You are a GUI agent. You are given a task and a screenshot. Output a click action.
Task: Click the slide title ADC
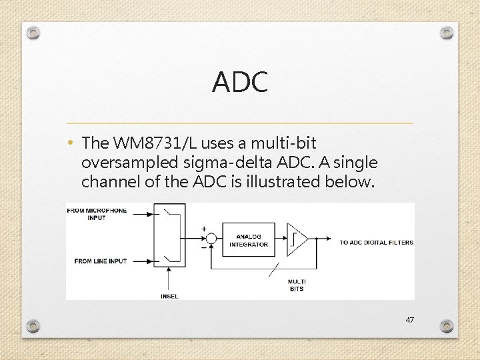point(240,83)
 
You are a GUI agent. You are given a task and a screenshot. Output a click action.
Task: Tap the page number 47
point(409,320)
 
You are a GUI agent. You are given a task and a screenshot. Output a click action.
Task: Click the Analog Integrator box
point(249,240)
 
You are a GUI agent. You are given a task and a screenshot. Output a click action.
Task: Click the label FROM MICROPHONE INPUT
point(97,214)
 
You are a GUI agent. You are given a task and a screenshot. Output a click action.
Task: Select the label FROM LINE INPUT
point(101,261)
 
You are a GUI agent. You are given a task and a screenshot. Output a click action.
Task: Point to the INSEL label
point(169,296)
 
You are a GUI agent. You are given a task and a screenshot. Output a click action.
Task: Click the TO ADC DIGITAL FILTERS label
point(377,243)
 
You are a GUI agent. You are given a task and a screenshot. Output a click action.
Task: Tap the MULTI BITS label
point(297,285)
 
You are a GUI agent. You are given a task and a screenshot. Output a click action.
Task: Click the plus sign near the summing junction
point(203,229)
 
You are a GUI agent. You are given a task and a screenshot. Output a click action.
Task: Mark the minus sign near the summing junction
point(203,248)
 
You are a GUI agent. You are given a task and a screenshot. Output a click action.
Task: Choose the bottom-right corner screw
point(446,326)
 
